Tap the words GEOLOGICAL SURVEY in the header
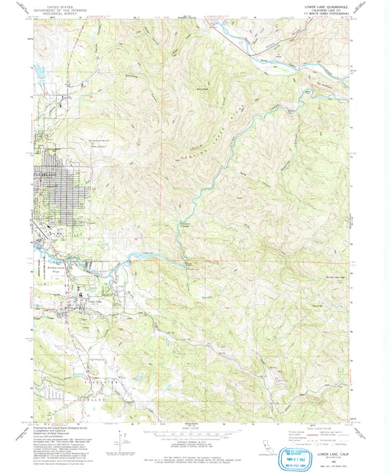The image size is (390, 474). click(60, 12)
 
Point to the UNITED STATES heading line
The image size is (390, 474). click(60, 4)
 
